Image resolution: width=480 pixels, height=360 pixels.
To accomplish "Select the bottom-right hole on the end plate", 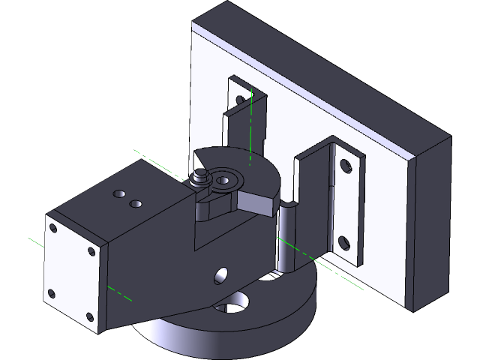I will coord(90,316).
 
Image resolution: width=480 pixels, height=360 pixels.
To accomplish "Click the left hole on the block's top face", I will coord(120,195).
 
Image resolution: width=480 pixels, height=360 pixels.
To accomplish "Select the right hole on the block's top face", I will coord(136,202).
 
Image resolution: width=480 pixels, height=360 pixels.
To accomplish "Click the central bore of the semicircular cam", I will coord(223,180).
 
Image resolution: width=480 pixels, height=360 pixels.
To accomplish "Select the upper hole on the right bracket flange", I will coord(345,165).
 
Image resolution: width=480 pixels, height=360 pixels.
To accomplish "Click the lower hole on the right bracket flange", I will coord(344,242).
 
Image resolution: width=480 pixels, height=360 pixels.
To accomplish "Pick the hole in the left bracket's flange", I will coord(239,100).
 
